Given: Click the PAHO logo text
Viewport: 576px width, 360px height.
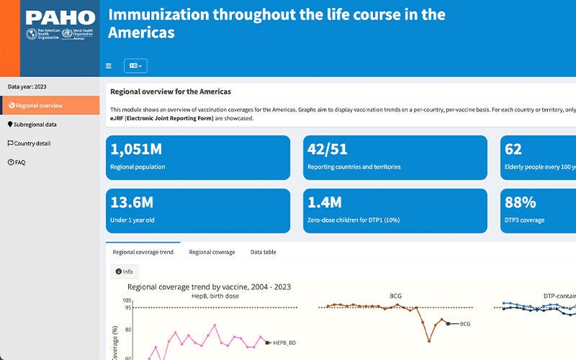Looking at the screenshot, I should tap(60, 18).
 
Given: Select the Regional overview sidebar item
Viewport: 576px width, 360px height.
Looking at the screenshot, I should tap(39, 105).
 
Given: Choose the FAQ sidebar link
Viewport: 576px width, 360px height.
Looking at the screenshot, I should tap(19, 162).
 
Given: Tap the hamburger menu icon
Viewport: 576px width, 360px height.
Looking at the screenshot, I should tap(109, 66).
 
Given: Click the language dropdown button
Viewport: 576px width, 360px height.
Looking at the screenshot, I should tap(135, 66).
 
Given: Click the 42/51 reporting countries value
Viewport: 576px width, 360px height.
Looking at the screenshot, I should tap(328, 149).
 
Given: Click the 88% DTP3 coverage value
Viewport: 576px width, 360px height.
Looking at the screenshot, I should tap(520, 202).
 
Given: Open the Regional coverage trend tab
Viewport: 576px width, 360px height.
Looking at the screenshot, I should tap(143, 252).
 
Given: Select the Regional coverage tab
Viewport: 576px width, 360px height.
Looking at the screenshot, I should tap(212, 252).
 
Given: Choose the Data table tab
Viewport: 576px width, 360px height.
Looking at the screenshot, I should tap(263, 252).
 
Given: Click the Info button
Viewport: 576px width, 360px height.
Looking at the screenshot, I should tap(125, 271).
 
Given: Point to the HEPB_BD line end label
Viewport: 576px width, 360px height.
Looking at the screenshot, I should tap(284, 343).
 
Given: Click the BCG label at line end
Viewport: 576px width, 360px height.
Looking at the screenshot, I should tap(464, 324).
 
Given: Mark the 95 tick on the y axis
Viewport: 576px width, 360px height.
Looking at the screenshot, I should tap(127, 307).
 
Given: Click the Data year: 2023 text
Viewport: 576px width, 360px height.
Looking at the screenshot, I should tap(27, 86).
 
